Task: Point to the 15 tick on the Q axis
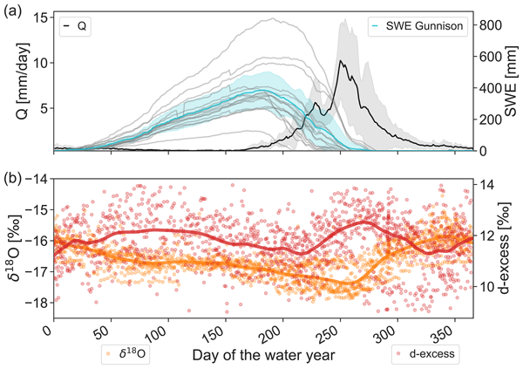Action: (40, 17)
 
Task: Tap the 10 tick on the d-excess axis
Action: (485, 287)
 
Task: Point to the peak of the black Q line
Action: (342, 61)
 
